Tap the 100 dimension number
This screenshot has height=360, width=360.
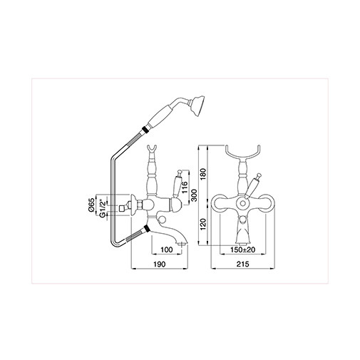coord(166,250)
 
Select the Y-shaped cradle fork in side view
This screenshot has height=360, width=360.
coord(152,152)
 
